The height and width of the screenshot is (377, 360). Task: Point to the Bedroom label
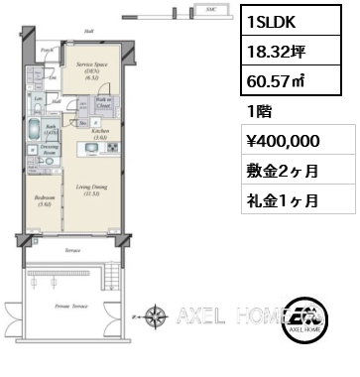point(44,198)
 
